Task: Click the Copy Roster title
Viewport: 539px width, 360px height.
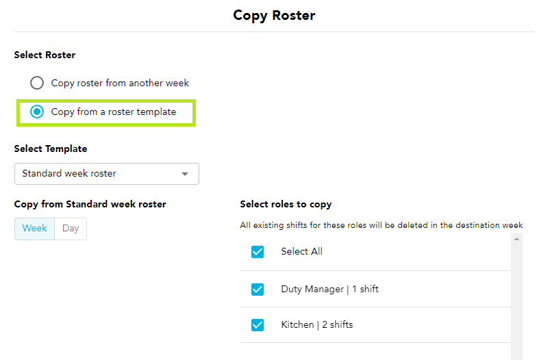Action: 274,16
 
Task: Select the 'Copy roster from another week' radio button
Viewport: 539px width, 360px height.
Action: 37,83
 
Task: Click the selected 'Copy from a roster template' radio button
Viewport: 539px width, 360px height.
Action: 37,112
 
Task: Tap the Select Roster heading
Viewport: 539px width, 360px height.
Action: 45,55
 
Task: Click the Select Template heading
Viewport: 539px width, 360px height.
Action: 51,149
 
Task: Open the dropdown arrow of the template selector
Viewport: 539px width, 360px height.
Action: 185,174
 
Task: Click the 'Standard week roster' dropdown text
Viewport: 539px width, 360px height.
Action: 69,173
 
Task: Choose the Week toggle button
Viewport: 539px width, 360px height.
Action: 34,229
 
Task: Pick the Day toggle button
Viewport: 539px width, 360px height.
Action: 71,229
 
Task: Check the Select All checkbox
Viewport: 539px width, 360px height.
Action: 258,252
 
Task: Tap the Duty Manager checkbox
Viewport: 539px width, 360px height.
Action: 258,290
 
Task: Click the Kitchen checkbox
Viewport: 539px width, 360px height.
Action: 258,325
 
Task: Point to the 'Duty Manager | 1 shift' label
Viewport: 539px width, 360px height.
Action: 329,290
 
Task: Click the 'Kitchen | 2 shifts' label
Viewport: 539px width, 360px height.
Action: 317,324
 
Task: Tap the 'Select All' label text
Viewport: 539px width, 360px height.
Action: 302,251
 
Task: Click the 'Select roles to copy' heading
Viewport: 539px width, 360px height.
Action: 286,205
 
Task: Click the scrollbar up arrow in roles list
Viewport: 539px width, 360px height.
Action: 516,239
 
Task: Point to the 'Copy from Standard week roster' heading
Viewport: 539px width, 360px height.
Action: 90,205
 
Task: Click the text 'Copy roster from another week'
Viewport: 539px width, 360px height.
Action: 120,83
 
